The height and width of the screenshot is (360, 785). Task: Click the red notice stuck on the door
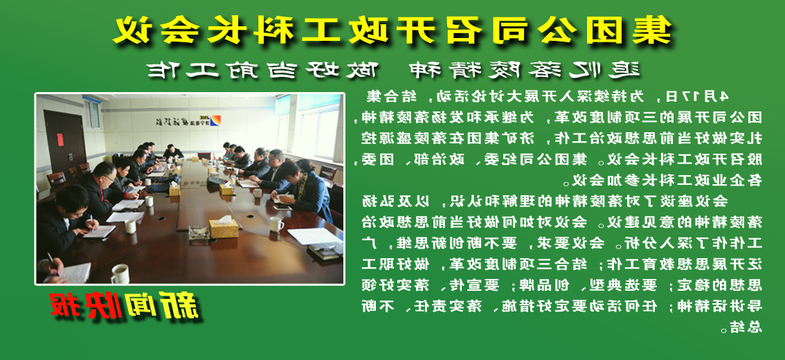click(x=60, y=139)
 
